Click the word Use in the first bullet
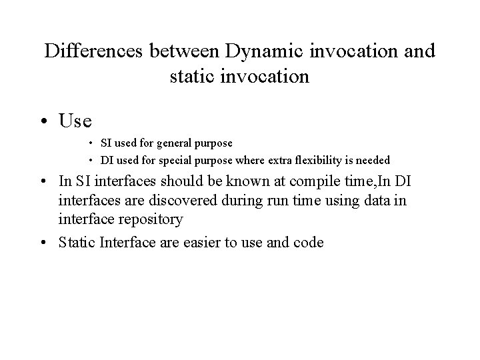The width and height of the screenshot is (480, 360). (75, 121)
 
